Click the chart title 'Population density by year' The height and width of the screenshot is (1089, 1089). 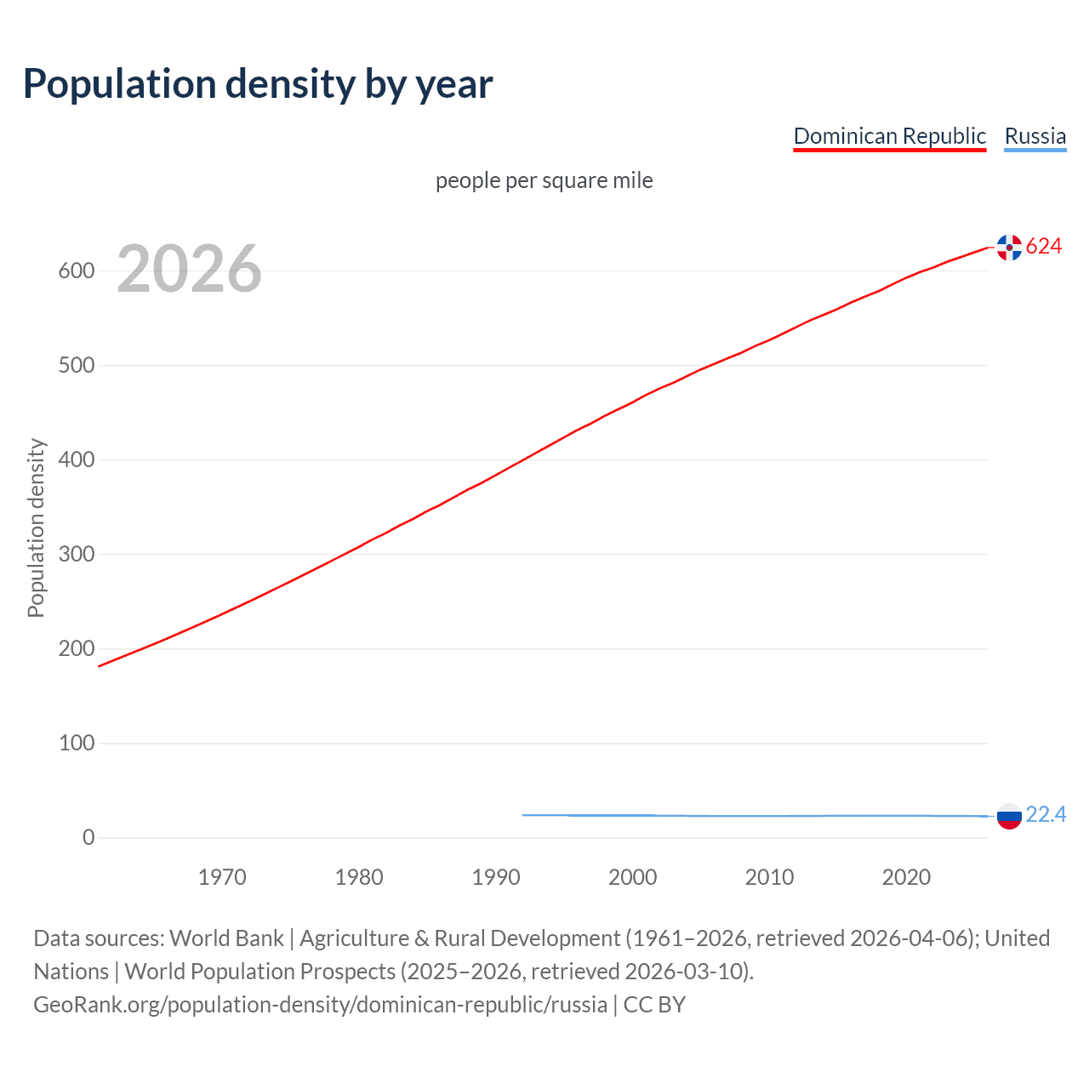coord(258,83)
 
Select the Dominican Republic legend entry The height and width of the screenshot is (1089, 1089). coord(889,136)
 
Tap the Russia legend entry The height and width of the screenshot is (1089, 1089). coord(1035,136)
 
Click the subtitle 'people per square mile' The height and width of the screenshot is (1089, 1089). coord(544,180)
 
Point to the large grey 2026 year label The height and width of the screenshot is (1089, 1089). coord(189,269)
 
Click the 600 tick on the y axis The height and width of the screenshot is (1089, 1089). coord(77,271)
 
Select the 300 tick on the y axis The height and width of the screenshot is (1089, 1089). coord(77,554)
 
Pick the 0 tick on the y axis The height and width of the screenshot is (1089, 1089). coord(88,837)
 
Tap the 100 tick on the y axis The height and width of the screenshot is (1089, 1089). coord(77,743)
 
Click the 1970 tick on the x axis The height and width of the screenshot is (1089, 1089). coord(222,877)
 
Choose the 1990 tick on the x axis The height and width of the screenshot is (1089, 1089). coord(496,877)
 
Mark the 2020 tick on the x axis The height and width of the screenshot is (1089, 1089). coord(906,877)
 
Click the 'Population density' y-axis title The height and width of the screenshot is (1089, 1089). coord(36,527)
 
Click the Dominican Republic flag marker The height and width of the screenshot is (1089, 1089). coord(1009,247)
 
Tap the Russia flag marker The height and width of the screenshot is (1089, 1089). coord(1009,815)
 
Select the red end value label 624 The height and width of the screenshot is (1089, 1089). coord(1044,246)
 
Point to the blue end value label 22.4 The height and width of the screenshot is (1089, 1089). coord(1046,814)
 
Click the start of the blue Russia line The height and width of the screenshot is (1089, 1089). coord(524,815)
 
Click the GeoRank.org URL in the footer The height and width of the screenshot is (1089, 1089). coord(320,1005)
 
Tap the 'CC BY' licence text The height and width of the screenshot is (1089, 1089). coord(654,1005)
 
